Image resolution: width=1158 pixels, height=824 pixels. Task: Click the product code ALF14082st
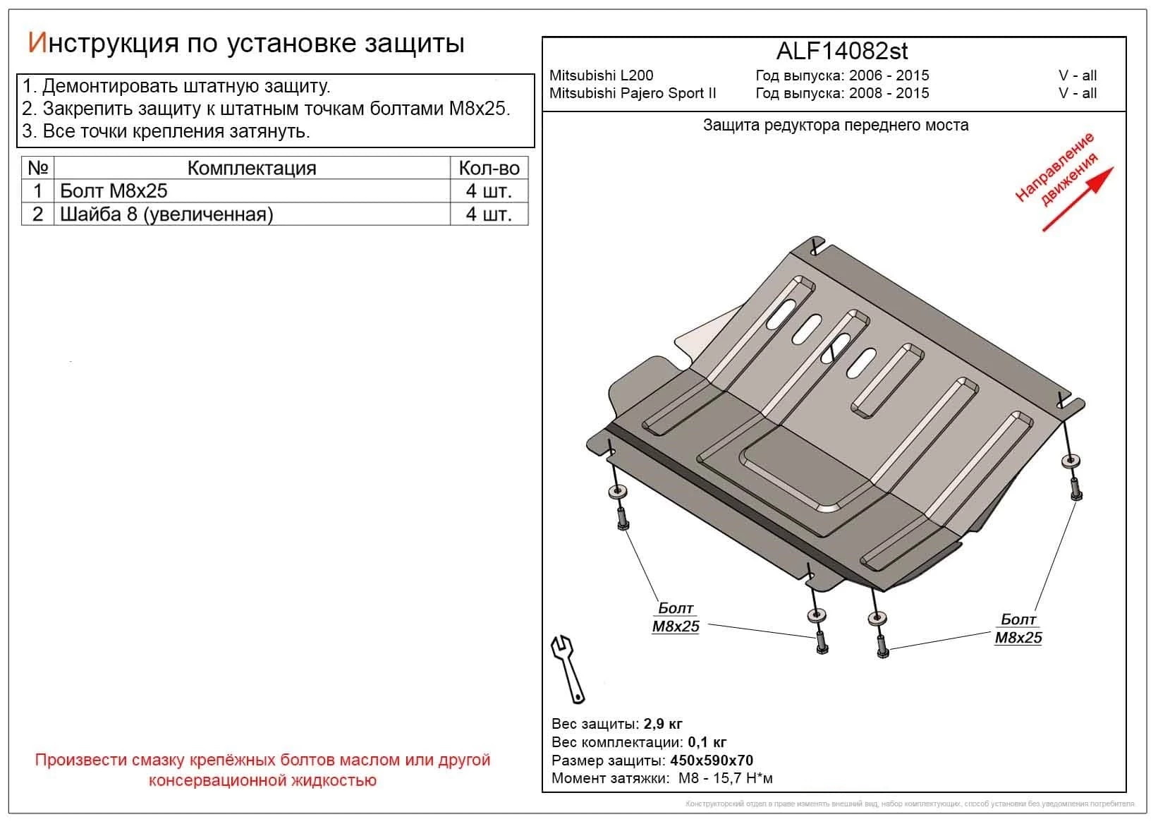(x=841, y=51)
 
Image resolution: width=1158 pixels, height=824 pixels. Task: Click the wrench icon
(x=568, y=669)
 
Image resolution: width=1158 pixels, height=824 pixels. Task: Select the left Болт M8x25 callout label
(x=676, y=617)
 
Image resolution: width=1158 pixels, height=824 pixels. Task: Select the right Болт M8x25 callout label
(x=1018, y=629)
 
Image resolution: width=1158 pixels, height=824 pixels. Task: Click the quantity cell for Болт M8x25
(x=488, y=191)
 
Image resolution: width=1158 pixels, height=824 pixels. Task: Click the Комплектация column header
(x=252, y=168)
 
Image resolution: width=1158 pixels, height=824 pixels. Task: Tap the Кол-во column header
(x=488, y=168)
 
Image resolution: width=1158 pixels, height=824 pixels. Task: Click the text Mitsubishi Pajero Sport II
(x=633, y=93)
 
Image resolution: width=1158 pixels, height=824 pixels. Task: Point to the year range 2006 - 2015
(x=889, y=75)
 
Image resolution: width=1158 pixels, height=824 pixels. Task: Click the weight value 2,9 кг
(x=662, y=724)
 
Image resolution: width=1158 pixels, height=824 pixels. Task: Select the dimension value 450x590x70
(x=711, y=761)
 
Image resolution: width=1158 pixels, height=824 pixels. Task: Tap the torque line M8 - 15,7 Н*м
(x=725, y=778)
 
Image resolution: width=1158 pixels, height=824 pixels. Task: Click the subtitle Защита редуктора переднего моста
(x=835, y=126)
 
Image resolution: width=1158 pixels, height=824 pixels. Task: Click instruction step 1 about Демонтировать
(x=176, y=87)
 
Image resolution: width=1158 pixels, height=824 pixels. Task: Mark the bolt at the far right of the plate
(x=1074, y=489)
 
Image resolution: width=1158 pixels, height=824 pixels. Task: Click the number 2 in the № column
(x=38, y=214)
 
